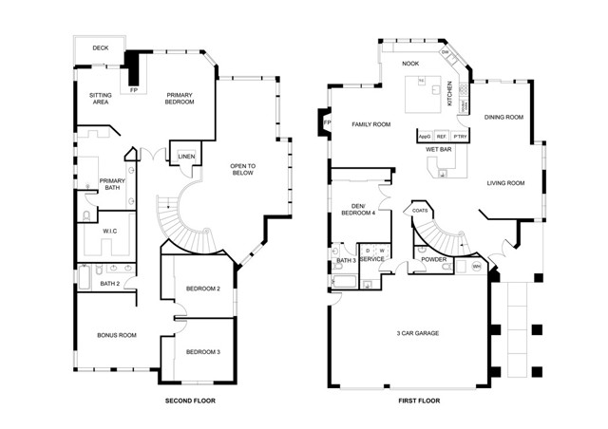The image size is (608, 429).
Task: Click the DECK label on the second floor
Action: coord(99,48)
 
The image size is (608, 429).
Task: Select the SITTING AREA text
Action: coord(100,98)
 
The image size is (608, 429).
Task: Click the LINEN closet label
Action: coord(185,157)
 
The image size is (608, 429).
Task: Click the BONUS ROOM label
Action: coord(116,335)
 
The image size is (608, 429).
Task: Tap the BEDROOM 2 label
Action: coord(202,289)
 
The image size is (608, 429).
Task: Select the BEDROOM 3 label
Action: coord(202,352)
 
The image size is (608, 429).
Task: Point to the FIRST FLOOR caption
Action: coord(420,402)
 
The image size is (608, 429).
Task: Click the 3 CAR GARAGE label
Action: coord(418,332)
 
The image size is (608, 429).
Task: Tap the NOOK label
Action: coord(409,65)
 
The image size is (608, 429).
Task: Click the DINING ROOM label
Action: coord(503,118)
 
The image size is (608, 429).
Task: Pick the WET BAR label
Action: coord(438,150)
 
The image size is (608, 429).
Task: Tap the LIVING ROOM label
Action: coord(505,182)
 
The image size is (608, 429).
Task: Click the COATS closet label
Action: coord(419,211)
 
